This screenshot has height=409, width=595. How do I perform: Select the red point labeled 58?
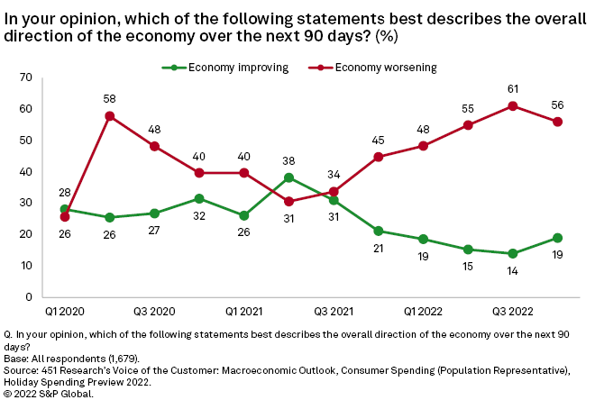pyautogui.click(x=109, y=116)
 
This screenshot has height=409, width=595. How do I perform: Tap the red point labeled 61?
pyautogui.click(x=513, y=105)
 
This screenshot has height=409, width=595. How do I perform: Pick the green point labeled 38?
pyautogui.click(x=288, y=177)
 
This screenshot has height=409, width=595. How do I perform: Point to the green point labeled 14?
pyautogui.click(x=513, y=253)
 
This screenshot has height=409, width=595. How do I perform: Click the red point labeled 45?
pyautogui.click(x=379, y=157)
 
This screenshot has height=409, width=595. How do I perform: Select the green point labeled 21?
pyautogui.click(x=379, y=232)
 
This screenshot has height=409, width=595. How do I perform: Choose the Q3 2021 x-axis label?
pyautogui.click(x=334, y=311)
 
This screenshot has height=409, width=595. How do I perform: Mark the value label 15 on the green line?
pyautogui.click(x=468, y=268)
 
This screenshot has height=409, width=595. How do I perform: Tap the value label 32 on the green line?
pyautogui.click(x=199, y=217)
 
